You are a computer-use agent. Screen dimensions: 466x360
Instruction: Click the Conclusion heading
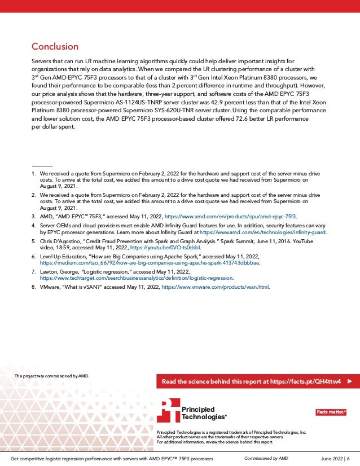(55, 46)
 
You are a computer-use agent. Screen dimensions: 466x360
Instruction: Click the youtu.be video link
(173, 247)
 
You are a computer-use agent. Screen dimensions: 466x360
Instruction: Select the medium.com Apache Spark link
(149, 263)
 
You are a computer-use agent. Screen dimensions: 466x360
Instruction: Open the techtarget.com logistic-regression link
(136, 278)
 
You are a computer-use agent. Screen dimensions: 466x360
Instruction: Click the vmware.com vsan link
(216, 287)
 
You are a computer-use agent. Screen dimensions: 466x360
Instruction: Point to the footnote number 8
(33, 287)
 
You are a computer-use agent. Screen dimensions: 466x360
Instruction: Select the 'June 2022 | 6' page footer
(334, 459)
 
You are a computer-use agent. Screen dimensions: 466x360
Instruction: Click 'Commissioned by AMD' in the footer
(266, 459)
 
